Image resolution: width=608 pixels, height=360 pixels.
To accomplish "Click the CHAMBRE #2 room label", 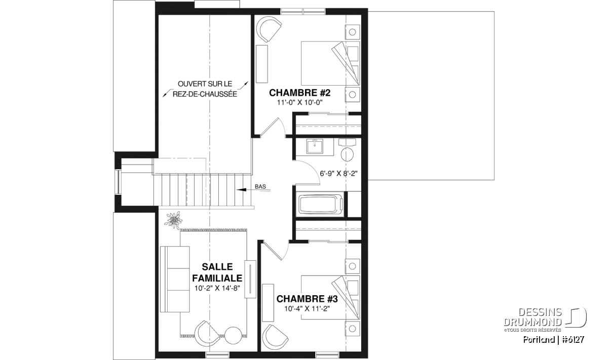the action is tap(299, 93).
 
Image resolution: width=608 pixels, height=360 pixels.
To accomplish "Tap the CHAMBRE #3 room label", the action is tap(307, 299).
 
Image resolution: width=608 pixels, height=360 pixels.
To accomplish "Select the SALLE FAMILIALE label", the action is tap(217, 272).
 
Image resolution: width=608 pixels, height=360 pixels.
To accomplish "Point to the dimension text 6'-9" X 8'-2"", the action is tap(338, 174).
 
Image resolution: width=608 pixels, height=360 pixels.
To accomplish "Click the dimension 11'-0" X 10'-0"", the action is tap(299, 103).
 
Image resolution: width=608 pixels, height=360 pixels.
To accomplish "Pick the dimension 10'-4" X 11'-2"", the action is tap(307, 309).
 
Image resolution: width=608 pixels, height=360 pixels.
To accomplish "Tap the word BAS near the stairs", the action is tap(260, 187).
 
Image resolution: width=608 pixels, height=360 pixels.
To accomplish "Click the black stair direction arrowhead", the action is tap(241, 190).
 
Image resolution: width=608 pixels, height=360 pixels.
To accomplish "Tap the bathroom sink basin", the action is tap(315, 147).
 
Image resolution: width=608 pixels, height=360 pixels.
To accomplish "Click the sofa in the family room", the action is tap(175, 279).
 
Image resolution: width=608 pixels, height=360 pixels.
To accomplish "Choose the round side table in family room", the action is tap(233, 335).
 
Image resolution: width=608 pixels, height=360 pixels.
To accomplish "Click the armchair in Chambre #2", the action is tap(268, 29).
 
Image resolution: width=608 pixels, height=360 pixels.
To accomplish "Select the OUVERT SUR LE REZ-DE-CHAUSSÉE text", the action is tap(205, 89).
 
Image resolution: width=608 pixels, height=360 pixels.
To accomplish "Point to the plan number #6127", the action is tap(573, 340).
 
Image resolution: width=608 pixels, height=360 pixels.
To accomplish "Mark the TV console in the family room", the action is tap(250, 279).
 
